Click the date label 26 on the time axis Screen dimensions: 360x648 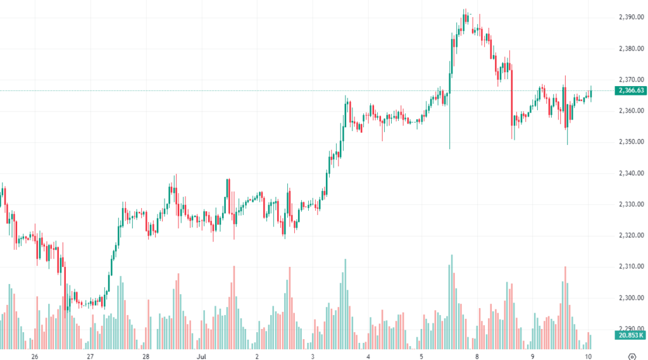(34, 356)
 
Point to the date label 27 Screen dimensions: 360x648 (90, 356)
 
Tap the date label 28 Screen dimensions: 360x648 (146, 356)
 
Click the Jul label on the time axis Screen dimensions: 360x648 (201, 356)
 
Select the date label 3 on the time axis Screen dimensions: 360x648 (313, 356)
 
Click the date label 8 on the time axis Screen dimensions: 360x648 (477, 356)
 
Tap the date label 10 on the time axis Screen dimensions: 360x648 (589, 356)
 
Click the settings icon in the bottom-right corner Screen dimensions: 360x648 (632, 356)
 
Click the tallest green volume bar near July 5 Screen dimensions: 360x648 (452, 301)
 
